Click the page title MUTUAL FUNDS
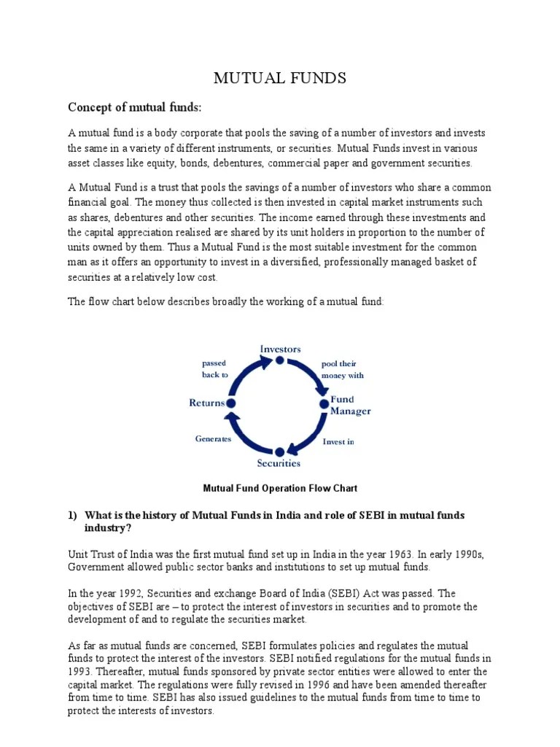(x=279, y=78)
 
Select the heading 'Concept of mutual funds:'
(x=133, y=108)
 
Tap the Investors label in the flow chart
(x=280, y=349)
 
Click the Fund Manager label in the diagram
(x=350, y=405)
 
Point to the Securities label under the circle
(x=279, y=462)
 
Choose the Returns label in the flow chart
(x=207, y=403)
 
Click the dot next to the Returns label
(x=231, y=403)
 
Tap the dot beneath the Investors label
(x=280, y=360)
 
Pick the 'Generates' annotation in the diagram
(x=213, y=438)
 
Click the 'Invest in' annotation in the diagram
(x=338, y=441)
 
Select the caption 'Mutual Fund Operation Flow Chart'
(x=279, y=488)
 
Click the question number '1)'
(x=73, y=515)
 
